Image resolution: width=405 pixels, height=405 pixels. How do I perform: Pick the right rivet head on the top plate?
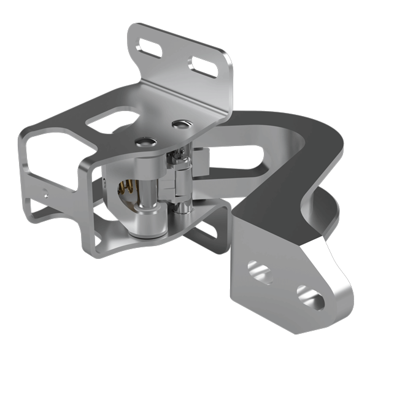click(x=179, y=125)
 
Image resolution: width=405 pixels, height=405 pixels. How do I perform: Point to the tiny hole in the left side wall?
click(x=47, y=190)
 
